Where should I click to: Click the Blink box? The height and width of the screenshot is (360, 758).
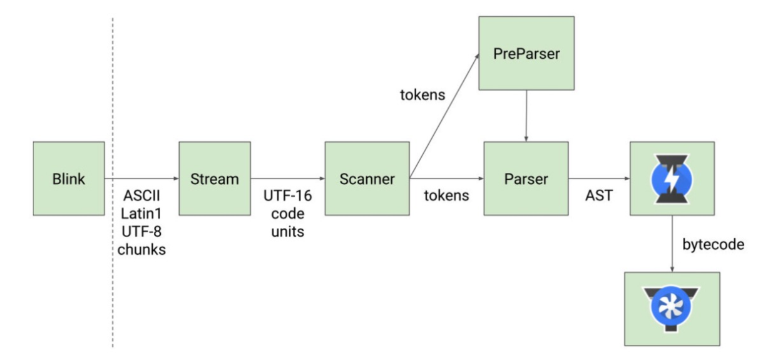(69, 178)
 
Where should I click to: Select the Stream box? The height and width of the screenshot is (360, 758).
(215, 178)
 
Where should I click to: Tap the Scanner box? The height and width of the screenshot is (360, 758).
(367, 178)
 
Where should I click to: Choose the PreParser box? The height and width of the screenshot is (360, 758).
(526, 53)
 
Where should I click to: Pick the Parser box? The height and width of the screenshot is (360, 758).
(526, 178)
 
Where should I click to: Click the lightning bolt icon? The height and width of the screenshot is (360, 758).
(672, 179)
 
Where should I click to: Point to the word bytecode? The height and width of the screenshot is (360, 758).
(714, 245)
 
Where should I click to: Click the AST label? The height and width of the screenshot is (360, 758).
(599, 195)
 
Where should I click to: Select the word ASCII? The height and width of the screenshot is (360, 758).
(142, 195)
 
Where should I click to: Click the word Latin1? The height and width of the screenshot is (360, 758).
(141, 213)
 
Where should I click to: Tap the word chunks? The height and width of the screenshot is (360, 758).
(141, 250)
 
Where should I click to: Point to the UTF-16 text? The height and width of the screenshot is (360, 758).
(288, 195)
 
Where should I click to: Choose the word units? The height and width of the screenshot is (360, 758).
(288, 232)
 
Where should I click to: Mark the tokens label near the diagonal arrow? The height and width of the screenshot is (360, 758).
(423, 95)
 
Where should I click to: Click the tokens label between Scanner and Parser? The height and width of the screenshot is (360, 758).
(447, 195)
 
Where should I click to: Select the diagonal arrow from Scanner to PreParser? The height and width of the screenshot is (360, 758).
(444, 116)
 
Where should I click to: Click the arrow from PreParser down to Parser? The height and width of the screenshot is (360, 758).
(526, 116)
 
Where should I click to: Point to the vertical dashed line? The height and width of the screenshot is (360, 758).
(113, 183)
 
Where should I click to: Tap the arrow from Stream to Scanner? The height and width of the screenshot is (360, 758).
(288, 178)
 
